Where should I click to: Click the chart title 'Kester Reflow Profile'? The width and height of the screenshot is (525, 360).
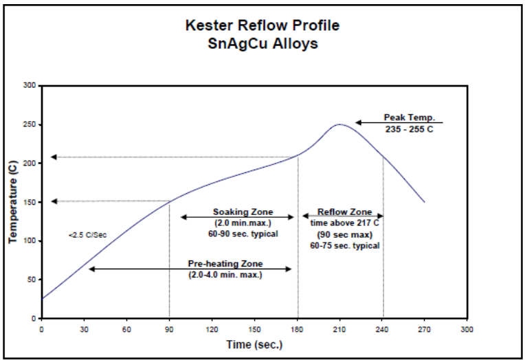(x=262, y=26)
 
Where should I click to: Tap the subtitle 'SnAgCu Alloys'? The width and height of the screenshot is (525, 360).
(x=262, y=43)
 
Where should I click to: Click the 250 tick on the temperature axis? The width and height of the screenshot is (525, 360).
(x=30, y=124)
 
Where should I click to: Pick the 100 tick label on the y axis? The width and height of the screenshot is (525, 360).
(x=30, y=241)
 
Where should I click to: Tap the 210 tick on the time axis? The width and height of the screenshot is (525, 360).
(x=339, y=329)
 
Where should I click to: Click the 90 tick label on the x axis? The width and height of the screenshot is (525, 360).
(x=169, y=329)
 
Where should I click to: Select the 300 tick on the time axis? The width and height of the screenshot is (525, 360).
(x=467, y=329)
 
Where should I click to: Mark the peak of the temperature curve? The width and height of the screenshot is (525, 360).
(x=339, y=124)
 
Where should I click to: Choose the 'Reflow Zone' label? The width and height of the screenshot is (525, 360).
(x=344, y=212)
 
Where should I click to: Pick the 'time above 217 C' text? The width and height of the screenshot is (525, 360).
(x=344, y=223)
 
